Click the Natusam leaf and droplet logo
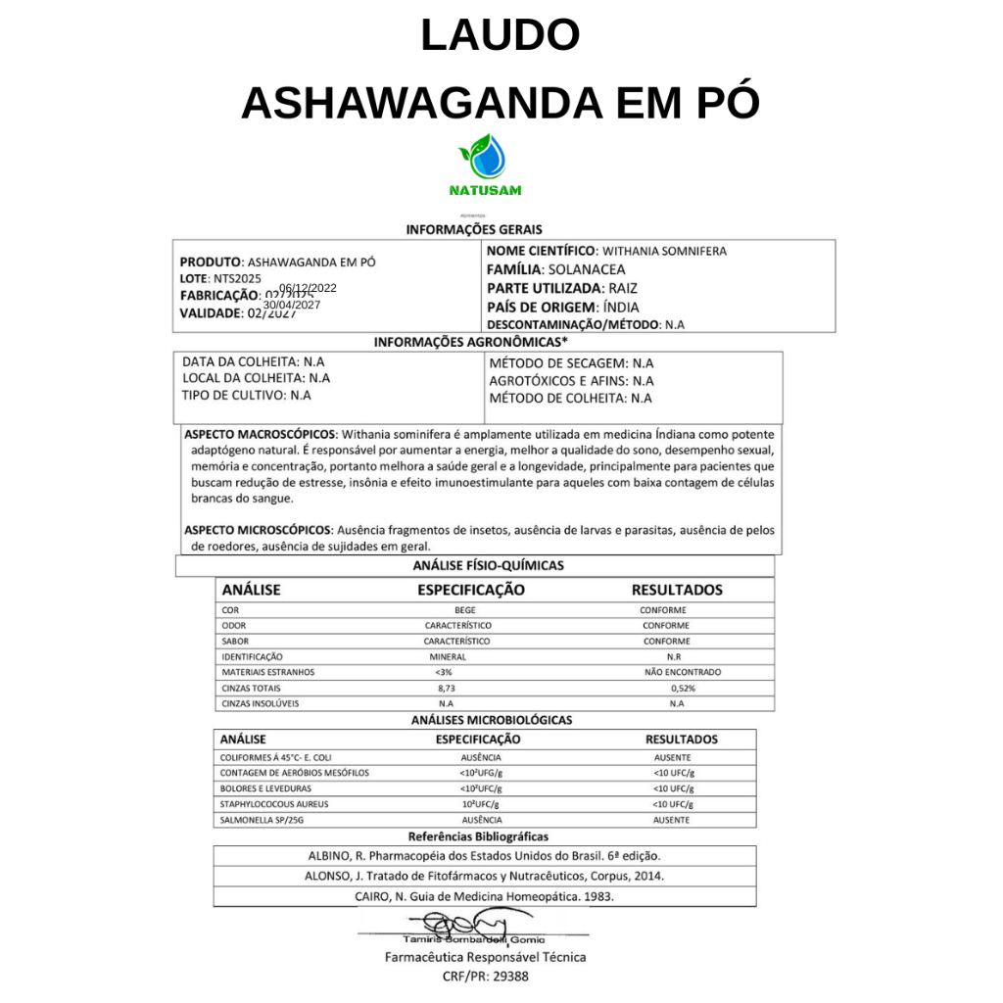click(x=485, y=157)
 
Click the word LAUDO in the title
click(x=501, y=35)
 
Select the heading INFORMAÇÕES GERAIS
click(x=474, y=229)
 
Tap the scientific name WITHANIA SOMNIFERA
click(x=664, y=252)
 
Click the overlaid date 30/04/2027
click(x=292, y=305)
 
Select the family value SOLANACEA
click(x=587, y=269)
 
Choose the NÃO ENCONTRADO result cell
click(x=683, y=673)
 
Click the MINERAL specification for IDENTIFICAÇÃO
click(x=448, y=657)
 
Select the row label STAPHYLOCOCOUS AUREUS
click(x=273, y=804)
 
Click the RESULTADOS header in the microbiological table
click(x=681, y=740)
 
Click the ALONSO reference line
click(x=485, y=876)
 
